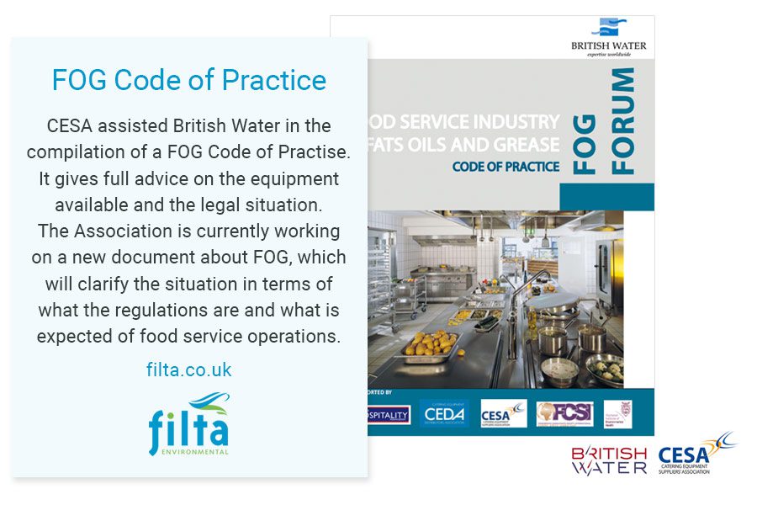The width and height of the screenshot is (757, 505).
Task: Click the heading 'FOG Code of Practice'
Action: pos(188,80)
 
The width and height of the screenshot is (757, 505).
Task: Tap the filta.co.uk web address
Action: pos(188,369)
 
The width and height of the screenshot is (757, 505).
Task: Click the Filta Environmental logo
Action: pos(188,424)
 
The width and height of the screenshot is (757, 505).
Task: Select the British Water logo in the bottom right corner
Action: pos(610,460)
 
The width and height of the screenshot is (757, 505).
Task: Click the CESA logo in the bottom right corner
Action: pos(696,455)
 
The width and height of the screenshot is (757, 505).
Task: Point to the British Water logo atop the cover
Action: pos(620,38)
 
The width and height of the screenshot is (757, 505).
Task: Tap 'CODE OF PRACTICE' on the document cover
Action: pos(506,167)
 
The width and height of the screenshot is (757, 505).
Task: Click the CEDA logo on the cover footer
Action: pos(444,413)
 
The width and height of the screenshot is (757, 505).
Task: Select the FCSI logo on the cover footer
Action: pos(564,413)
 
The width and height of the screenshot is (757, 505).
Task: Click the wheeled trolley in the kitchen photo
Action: pos(410,290)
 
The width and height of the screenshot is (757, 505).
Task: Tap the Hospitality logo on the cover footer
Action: pos(387,414)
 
